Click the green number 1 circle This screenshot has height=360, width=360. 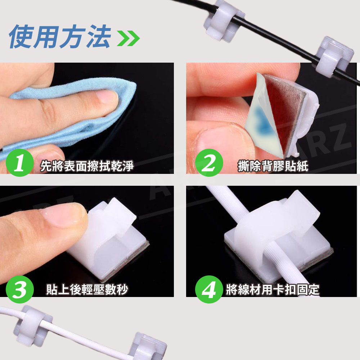click(x=20, y=163)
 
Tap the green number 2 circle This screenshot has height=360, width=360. click(x=209, y=163)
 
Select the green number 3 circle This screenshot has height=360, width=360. click(x=20, y=289)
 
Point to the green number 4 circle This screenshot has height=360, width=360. click(x=209, y=289)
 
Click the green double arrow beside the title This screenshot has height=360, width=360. click(x=129, y=38)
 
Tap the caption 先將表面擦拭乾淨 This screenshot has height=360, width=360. click(x=87, y=166)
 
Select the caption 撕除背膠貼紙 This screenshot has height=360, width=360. click(x=273, y=166)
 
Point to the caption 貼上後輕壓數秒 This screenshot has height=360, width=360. click(x=87, y=289)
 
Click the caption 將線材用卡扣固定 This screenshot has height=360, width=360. click(x=273, y=289)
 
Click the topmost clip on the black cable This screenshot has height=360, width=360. click(x=224, y=20)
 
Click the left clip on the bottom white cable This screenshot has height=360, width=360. click(x=33, y=326)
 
